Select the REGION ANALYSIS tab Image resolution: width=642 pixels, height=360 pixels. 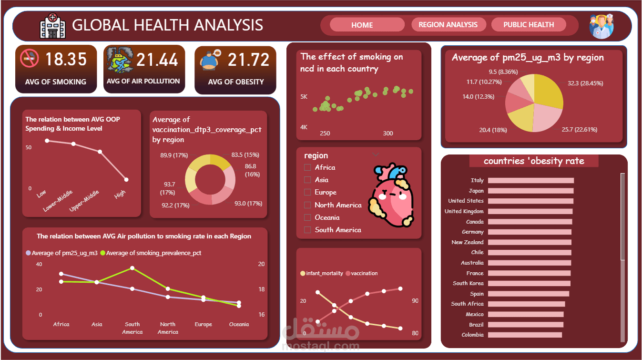point(448,25)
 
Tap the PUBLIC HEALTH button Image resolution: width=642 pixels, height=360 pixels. point(529,25)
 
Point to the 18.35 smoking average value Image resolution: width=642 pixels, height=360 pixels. point(66,60)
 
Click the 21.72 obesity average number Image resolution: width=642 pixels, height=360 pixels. point(248,60)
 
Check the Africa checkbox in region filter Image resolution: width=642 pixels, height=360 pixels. point(307,167)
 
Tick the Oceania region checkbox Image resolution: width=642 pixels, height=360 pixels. point(307,217)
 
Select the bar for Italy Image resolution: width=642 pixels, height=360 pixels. point(531,180)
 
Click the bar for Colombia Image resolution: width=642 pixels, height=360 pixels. point(525,335)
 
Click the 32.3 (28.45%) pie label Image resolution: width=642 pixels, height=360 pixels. point(585,83)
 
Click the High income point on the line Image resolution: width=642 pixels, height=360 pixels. point(126,180)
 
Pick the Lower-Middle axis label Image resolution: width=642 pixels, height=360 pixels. point(57,200)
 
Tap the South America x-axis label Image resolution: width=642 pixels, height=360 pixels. point(132,328)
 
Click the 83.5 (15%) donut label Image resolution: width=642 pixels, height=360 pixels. point(245,154)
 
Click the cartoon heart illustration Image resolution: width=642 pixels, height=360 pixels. point(391,195)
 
